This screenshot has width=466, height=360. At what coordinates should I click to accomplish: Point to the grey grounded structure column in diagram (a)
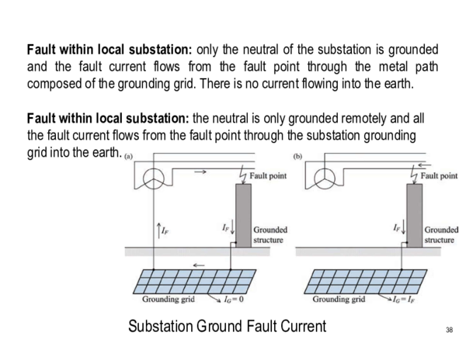click(242, 214)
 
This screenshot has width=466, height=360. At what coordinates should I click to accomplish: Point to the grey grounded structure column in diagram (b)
click(412, 214)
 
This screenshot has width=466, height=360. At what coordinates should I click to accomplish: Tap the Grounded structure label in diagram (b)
click(440, 235)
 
